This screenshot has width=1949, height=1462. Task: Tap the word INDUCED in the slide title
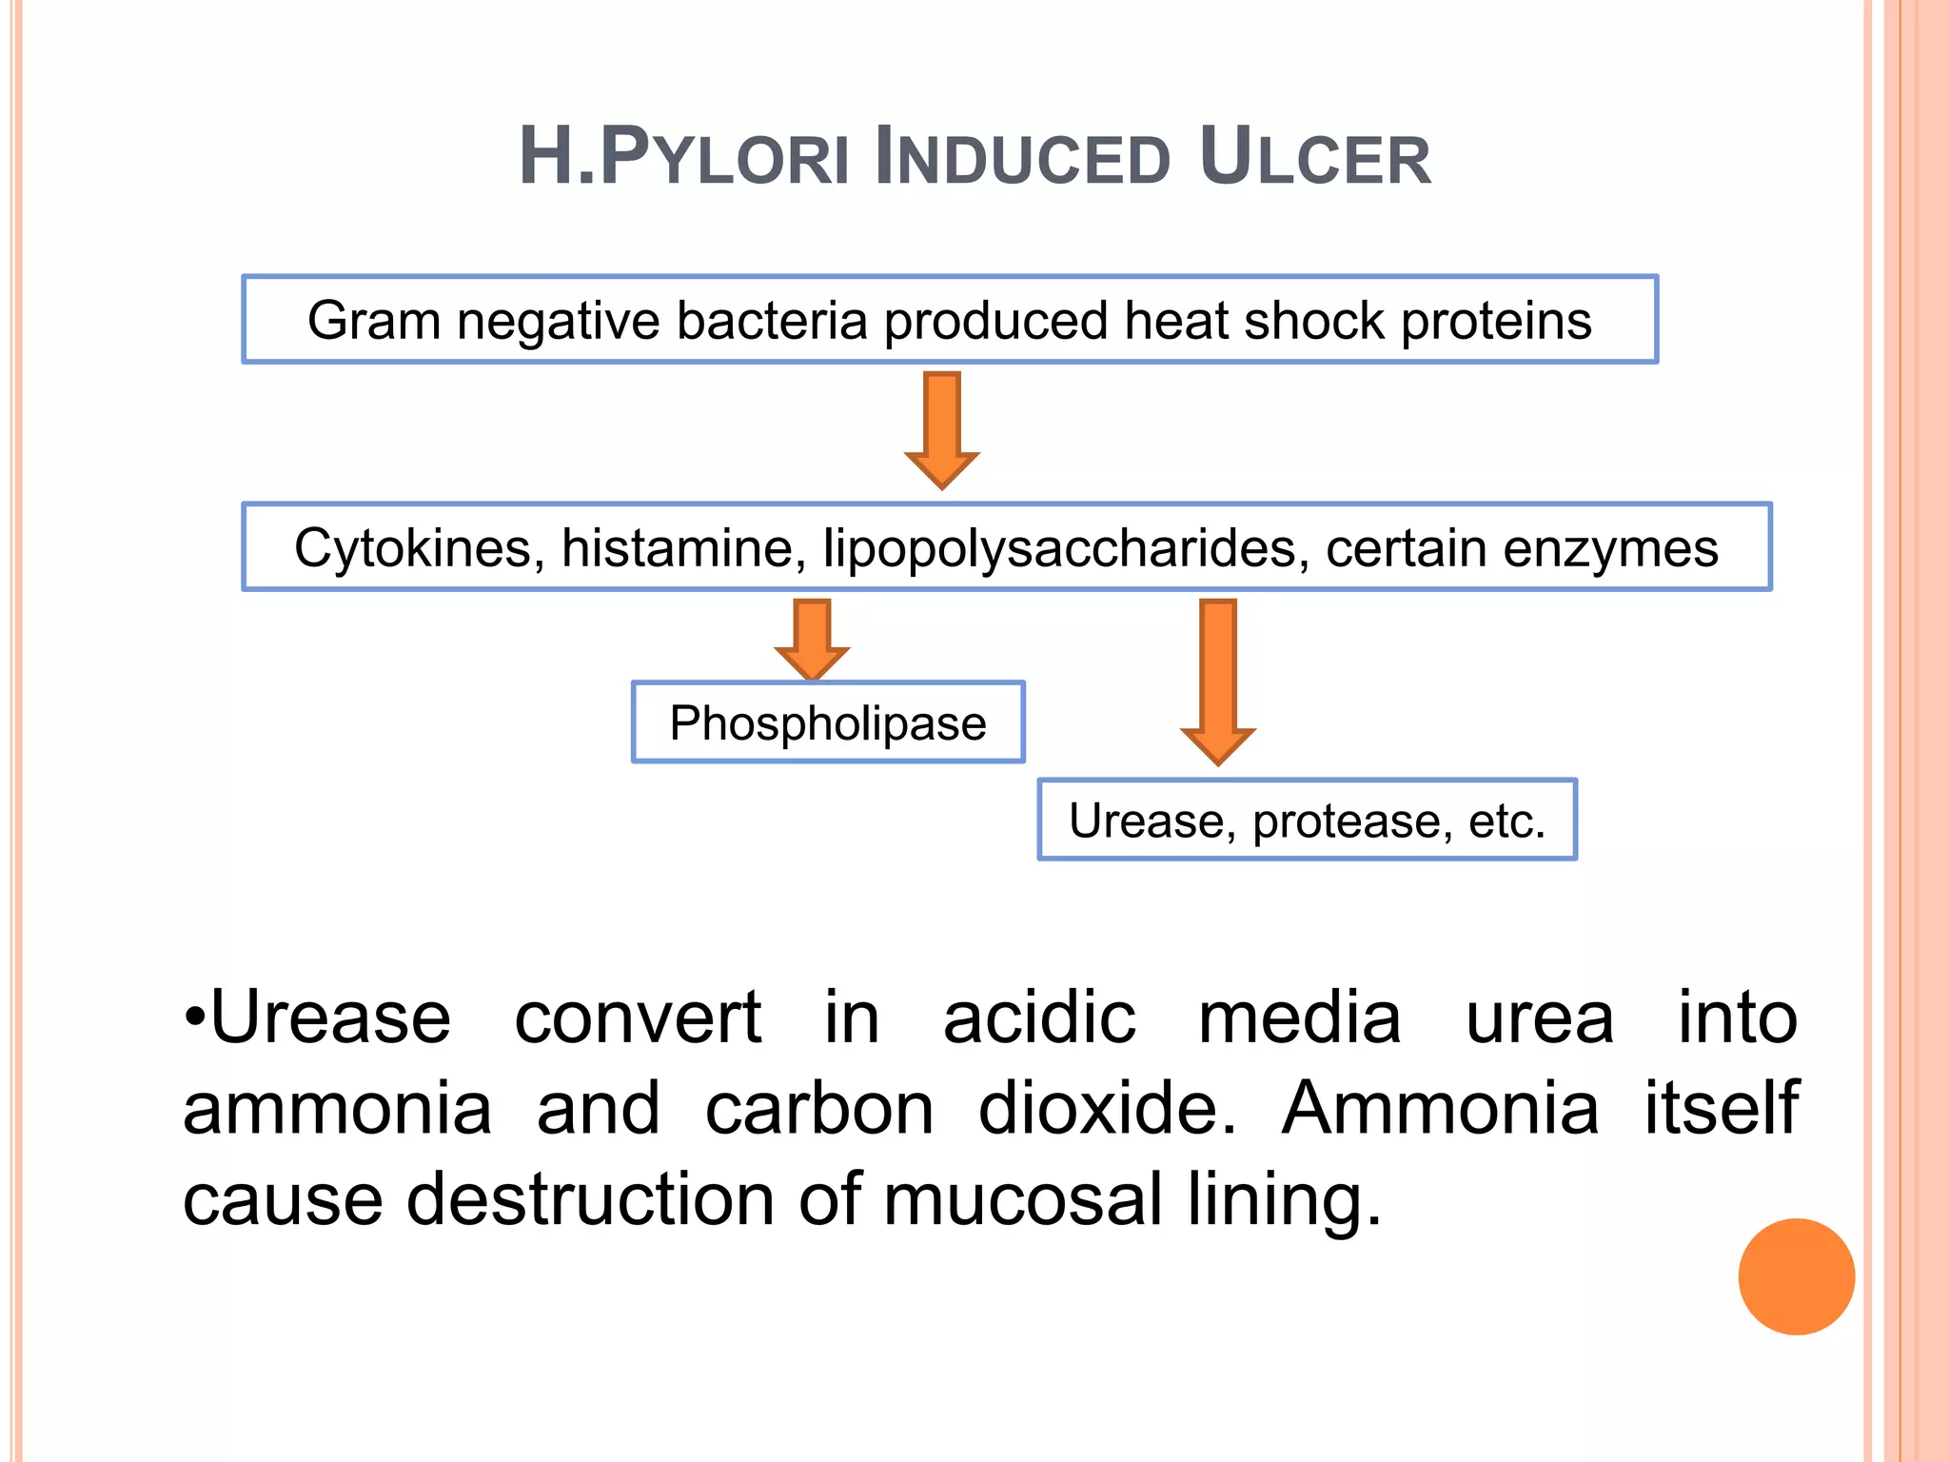click(x=1021, y=157)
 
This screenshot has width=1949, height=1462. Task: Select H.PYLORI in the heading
click(x=683, y=157)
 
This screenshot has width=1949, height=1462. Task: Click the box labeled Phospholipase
click(x=828, y=722)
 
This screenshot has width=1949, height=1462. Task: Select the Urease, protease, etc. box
click(x=1307, y=820)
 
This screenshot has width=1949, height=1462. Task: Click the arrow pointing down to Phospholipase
click(x=812, y=638)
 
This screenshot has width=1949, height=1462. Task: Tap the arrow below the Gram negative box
click(x=942, y=428)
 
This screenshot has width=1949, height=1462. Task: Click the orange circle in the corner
click(x=1796, y=1276)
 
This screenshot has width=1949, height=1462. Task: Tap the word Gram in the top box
click(x=373, y=321)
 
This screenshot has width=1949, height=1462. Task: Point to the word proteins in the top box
click(x=1496, y=321)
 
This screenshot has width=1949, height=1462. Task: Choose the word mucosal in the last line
click(x=1023, y=1199)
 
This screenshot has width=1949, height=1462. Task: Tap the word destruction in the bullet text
click(x=590, y=1199)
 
